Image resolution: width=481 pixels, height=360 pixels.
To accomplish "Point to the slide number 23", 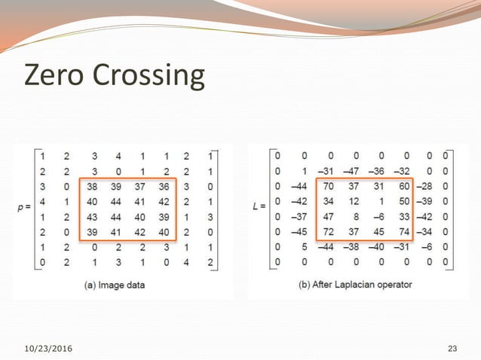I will point(452,348).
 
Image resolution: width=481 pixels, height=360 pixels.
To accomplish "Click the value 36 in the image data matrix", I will point(164,186).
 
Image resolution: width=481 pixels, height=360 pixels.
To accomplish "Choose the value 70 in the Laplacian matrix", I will point(328,186).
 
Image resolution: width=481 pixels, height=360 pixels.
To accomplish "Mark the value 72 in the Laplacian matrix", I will point(328,232).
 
